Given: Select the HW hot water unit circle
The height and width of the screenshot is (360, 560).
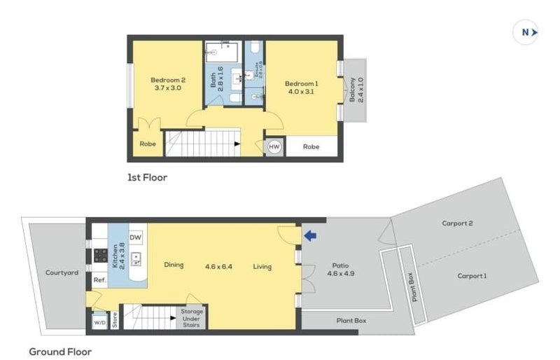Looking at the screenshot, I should click(x=274, y=147).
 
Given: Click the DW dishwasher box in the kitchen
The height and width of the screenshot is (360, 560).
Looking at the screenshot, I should click(x=136, y=236).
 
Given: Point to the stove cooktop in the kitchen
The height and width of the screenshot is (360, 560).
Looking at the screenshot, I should click(x=100, y=255).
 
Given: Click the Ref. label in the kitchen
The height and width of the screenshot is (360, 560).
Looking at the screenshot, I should click(x=99, y=280).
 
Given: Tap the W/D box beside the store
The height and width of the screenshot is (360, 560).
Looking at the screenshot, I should click(x=99, y=324).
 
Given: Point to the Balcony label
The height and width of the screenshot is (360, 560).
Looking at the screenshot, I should click(x=353, y=89).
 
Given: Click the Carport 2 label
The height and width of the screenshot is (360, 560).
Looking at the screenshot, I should click(x=457, y=223).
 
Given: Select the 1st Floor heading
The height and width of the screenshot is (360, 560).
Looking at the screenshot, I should click(x=146, y=177).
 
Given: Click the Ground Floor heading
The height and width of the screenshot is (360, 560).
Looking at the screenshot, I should click(x=59, y=351).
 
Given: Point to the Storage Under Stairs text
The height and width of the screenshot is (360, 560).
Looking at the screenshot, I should click(x=191, y=318).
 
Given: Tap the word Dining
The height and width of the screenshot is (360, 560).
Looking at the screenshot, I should click(x=174, y=266).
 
